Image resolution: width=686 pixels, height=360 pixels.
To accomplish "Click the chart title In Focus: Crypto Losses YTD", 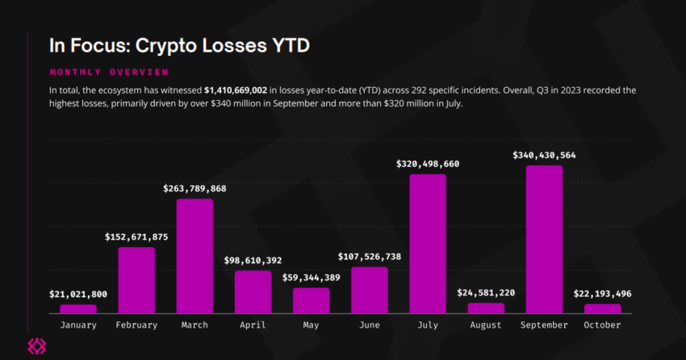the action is tap(179, 45).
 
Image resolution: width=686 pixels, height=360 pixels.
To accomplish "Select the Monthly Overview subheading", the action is tap(109, 72).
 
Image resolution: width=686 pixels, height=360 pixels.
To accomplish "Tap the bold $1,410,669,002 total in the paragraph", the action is tap(236, 90).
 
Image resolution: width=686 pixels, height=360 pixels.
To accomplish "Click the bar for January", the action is tap(78, 309).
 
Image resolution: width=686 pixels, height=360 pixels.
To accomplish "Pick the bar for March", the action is tap(195, 257).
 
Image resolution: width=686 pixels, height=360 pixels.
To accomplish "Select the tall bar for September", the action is tap(544, 240).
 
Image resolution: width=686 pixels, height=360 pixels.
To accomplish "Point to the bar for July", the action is tap(428, 244).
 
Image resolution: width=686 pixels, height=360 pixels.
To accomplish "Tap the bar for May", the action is tap(311, 300).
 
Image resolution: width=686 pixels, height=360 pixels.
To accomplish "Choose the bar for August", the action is tap(486, 308).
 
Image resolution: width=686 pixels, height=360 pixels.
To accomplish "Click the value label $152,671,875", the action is tap(136, 237).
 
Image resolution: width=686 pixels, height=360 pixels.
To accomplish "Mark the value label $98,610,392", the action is tap(253, 261).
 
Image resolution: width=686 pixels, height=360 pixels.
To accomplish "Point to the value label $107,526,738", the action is tap(370, 257).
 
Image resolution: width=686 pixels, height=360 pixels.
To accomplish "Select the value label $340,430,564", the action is tap(544, 155).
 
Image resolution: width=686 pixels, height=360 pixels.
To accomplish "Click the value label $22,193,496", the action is tap(602, 294).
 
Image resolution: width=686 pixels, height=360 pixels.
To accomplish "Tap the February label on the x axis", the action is tap(136, 325).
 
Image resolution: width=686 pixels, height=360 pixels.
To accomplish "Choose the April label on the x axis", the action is tap(253, 325).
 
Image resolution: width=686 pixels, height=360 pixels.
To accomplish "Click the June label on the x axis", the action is tap(370, 325).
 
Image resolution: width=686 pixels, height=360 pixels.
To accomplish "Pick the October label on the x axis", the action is tap(602, 325).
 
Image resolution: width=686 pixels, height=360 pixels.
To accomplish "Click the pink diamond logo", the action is tap(37, 346).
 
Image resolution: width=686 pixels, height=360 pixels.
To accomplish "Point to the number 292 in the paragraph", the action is tap(418, 90).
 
